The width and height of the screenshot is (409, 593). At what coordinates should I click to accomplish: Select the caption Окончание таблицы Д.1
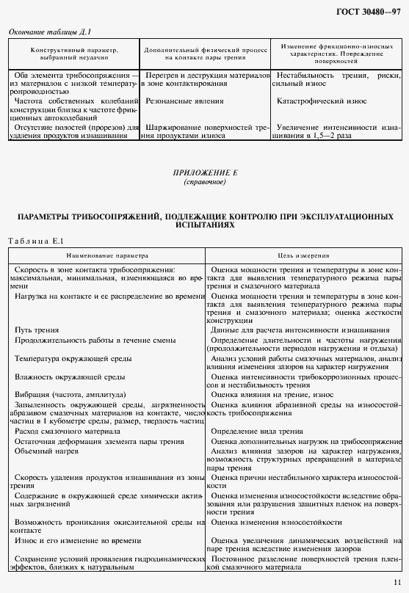tap(48, 32)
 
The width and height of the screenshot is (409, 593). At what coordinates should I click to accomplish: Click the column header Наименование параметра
tap(106, 256)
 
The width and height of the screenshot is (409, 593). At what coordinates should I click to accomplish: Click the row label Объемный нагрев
tap(43, 450)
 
